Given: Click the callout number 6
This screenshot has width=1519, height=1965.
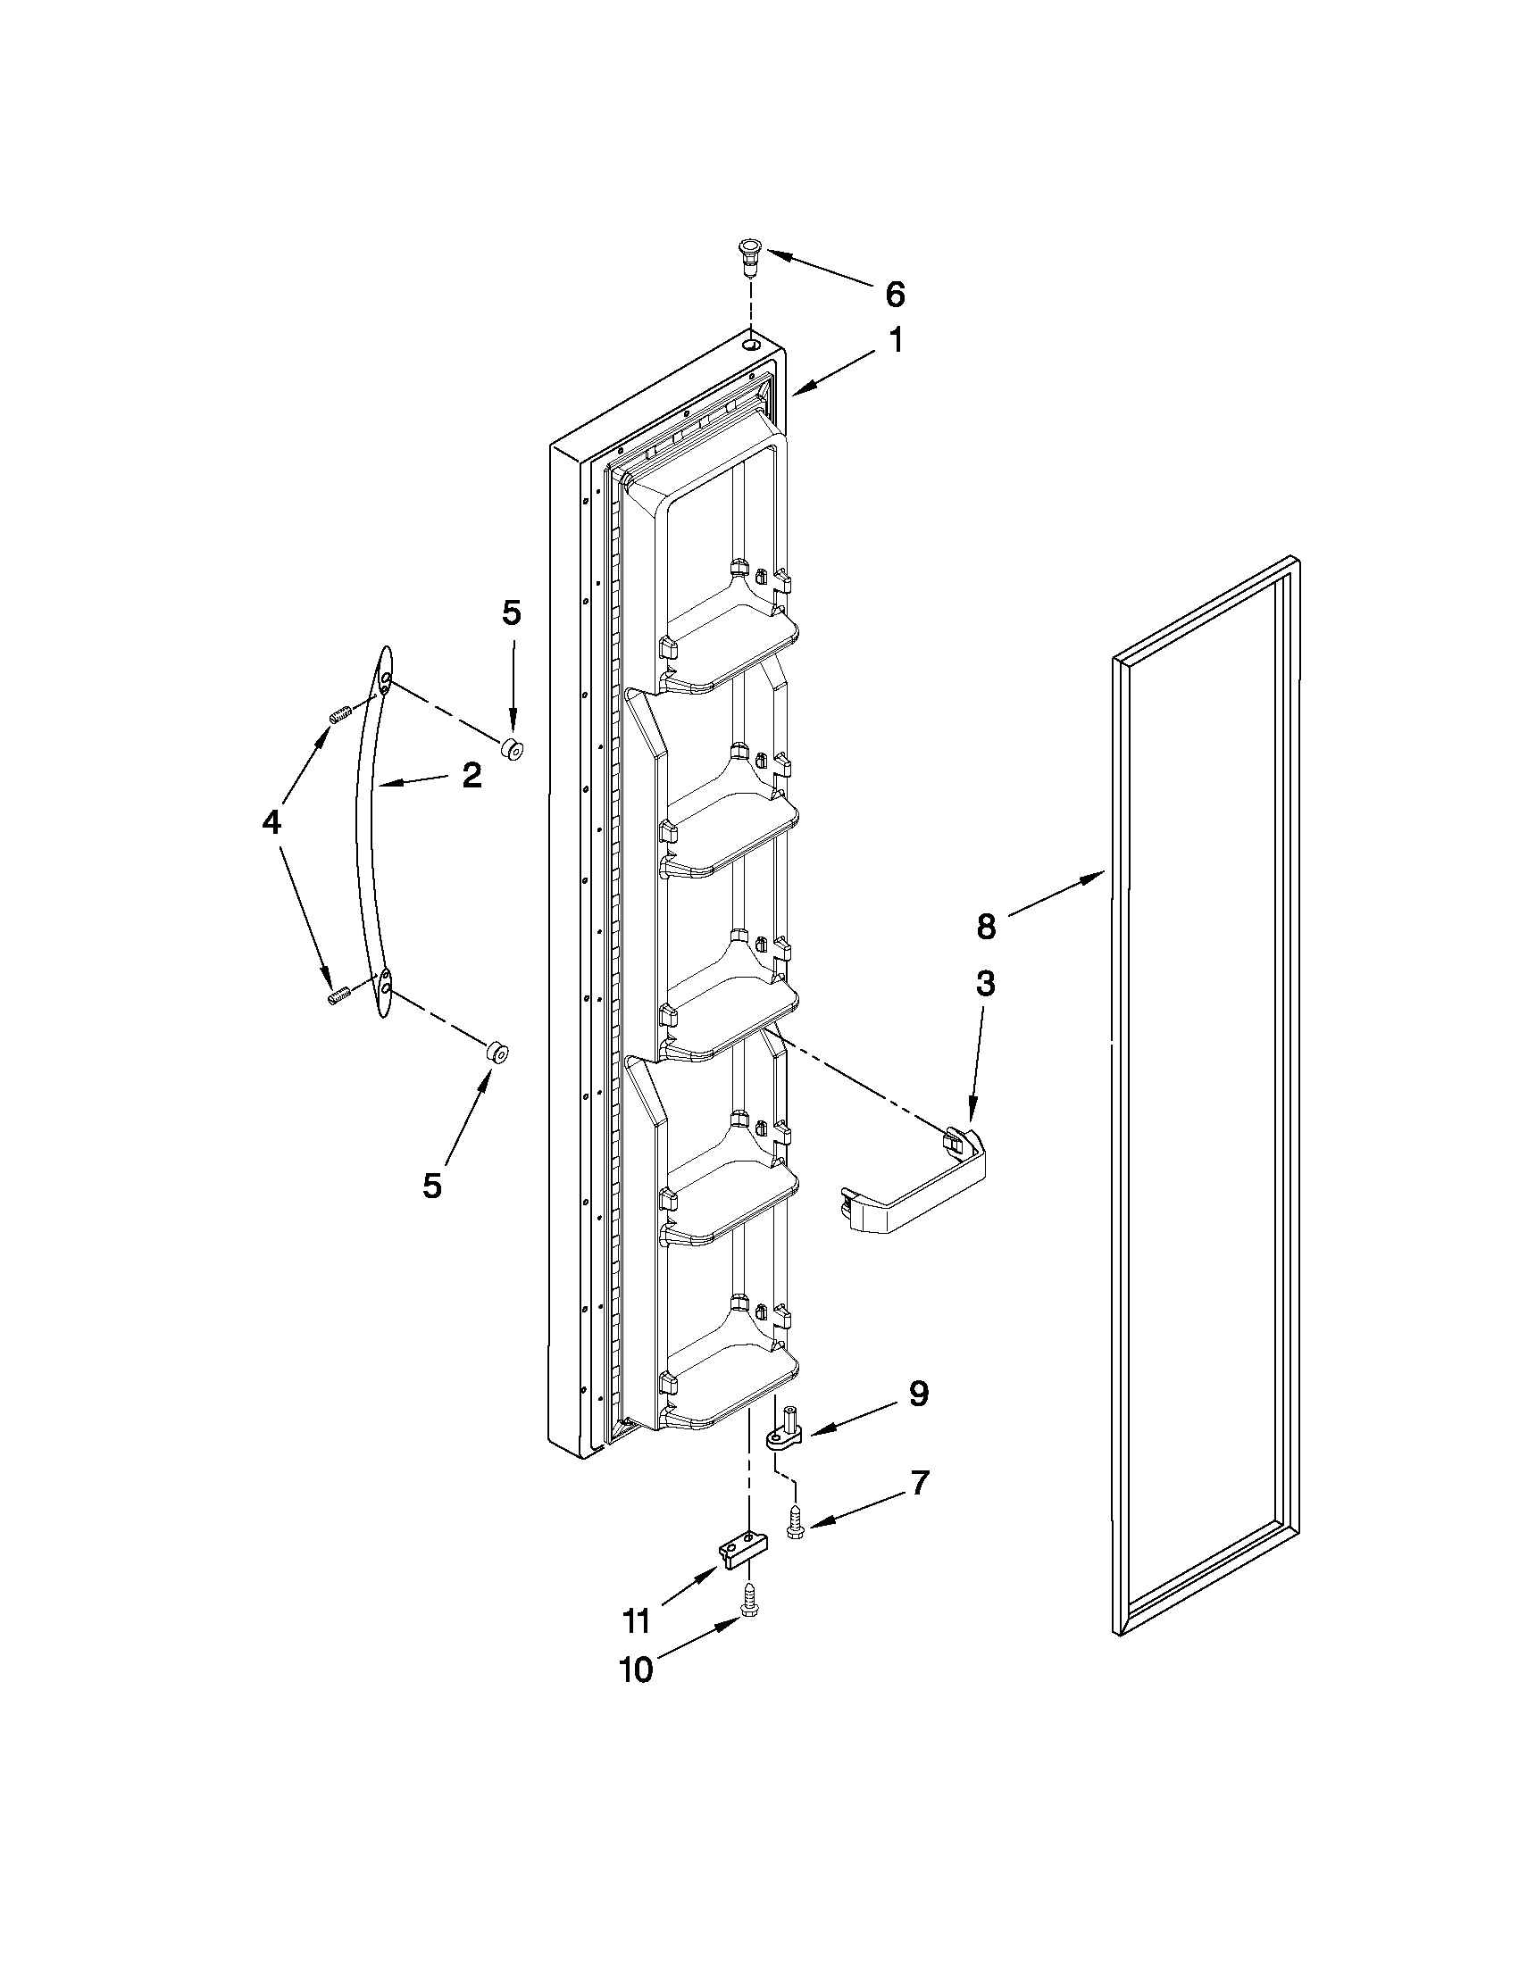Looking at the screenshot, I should click(894, 295).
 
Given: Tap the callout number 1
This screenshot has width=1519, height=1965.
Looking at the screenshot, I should click(896, 341).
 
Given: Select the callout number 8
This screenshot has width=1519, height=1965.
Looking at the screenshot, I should click(986, 926).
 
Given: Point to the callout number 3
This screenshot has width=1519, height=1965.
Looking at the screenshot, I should click(985, 984).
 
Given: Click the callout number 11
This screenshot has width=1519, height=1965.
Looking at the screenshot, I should click(635, 1621).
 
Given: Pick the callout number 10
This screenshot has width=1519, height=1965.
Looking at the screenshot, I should click(635, 1669).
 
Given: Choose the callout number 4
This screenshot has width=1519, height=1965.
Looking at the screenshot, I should click(271, 820).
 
